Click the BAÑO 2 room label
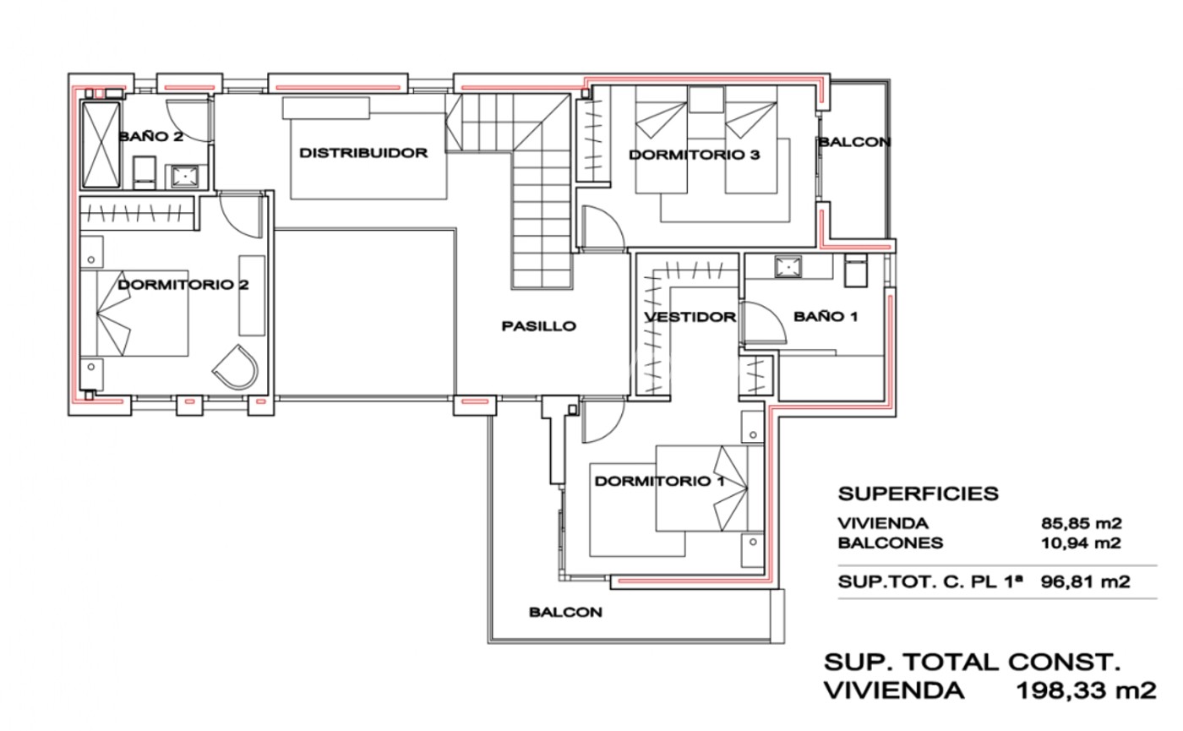[151, 137]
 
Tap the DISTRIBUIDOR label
[363, 153]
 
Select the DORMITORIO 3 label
[694, 155]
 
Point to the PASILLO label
[539, 326]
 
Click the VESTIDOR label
[690, 317]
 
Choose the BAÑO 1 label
[826, 316]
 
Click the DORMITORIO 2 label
[183, 285]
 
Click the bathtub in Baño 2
[101, 145]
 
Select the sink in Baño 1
[788, 267]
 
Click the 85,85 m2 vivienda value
[1081, 523]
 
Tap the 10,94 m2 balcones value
[1081, 543]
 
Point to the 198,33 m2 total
[1087, 691]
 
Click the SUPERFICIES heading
[919, 494]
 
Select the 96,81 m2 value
[1085, 582]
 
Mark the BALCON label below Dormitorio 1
[565, 612]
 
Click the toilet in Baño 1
[855, 271]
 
